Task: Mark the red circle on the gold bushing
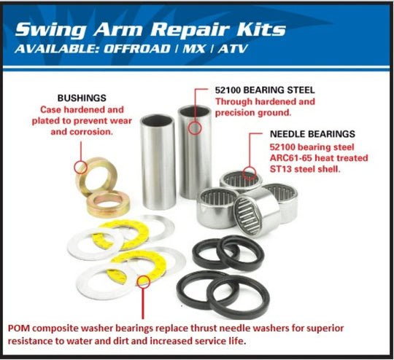coord(81,168)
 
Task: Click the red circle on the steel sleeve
coord(193,128)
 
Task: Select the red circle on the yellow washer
coord(144,281)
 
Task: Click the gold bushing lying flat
coord(108,203)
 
